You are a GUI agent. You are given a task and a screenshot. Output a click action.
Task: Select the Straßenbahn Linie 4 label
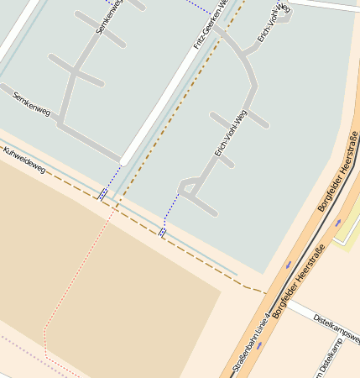point(250,344)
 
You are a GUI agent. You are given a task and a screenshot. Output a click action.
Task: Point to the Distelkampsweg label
point(336,328)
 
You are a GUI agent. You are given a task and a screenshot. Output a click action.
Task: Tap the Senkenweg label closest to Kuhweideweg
point(33,103)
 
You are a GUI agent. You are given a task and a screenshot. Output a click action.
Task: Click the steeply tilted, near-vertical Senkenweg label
point(110,17)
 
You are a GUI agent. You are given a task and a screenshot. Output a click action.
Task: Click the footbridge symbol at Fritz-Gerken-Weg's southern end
point(103,194)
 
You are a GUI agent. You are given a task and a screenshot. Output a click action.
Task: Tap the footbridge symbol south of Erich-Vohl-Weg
point(162,232)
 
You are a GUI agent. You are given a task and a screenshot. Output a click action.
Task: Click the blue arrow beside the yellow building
point(338,223)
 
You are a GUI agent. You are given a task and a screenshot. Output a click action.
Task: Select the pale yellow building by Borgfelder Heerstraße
point(347,231)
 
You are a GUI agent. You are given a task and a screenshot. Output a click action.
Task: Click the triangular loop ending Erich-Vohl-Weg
point(190,189)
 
